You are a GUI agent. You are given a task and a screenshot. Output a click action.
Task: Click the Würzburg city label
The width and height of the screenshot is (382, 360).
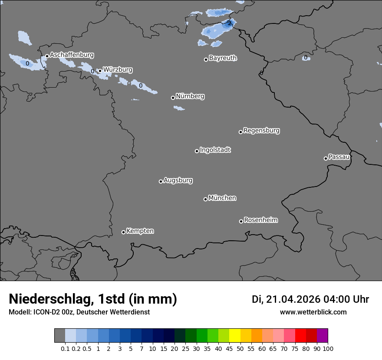118,69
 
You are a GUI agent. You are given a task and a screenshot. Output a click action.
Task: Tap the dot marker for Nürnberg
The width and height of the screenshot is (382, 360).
173,98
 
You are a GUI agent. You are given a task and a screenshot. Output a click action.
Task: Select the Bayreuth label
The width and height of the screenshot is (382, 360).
223,58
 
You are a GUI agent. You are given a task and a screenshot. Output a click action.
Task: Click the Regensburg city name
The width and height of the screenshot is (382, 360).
261,130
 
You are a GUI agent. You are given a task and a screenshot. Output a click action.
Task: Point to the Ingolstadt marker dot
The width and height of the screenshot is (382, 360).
197,151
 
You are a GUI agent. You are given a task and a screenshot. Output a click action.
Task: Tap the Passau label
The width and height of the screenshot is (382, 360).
339,157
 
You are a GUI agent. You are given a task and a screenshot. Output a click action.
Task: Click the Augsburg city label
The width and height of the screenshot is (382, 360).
178,180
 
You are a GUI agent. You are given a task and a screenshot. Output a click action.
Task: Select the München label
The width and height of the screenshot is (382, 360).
222,198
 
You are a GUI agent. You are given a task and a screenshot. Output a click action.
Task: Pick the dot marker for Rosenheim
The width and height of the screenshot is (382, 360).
241,221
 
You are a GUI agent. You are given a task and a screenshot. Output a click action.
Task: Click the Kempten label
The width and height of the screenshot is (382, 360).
140,231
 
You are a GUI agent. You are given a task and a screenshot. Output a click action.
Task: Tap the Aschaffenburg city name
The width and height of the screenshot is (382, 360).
72,55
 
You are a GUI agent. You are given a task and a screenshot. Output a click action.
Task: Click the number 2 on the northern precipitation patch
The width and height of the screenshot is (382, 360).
230,23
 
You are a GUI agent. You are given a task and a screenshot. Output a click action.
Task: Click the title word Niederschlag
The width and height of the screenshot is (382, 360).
50,299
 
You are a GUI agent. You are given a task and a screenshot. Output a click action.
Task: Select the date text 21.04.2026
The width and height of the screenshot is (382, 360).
293,299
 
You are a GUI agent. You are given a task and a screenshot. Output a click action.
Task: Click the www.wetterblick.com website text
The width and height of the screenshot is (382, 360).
313,312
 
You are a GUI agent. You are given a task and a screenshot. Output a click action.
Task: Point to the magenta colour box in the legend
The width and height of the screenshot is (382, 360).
322,336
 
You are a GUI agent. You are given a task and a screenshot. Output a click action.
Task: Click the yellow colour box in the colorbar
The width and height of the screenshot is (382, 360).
234,336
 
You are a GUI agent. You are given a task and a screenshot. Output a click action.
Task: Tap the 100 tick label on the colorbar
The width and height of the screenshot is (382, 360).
328,348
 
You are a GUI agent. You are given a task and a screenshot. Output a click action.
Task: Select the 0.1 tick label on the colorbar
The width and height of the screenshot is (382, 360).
65,348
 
